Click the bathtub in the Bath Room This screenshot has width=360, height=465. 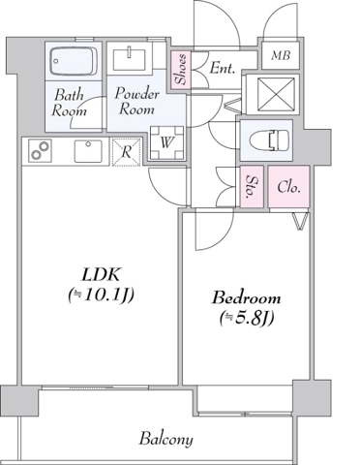pos(74,61)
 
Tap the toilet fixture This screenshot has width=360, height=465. pos(269,140)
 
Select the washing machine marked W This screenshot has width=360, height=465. pos(166,142)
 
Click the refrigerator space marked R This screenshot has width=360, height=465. pos(127,152)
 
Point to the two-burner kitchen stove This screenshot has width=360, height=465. pos(41,150)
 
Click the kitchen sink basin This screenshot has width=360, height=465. pos(88,151)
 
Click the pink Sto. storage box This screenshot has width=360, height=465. pos(252,186)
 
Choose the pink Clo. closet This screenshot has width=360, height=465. pos(288,186)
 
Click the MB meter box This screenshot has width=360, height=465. pos(280,55)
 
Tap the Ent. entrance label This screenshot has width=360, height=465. pos(222,69)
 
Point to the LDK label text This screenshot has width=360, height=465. pos(101,275)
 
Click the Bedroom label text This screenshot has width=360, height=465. pos(246,298)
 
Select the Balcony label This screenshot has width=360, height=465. pos(166,439)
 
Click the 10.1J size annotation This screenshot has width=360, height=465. pos(101,295)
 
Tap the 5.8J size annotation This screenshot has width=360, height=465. pos(247,319)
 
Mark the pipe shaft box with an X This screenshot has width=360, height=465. pos(278,94)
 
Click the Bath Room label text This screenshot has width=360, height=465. pos(70,104)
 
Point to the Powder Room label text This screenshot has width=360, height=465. pos(136,101)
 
